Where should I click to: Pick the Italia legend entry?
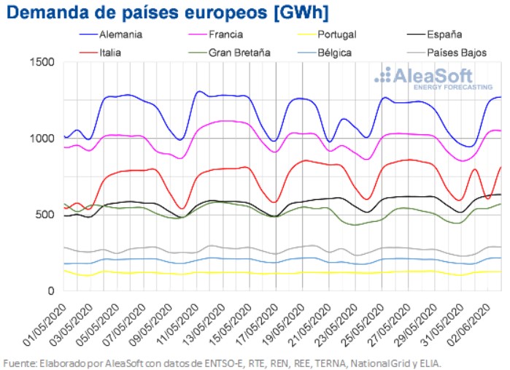tap(107, 53)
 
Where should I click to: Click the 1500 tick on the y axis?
tap(44, 62)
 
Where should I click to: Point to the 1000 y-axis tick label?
tap(44, 139)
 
